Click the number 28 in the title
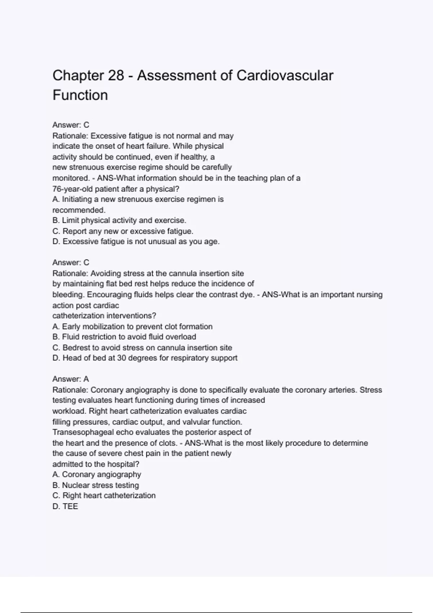click(x=116, y=76)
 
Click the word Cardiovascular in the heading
click(x=285, y=76)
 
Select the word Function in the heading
click(x=80, y=95)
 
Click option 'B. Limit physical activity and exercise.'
click(x=119, y=220)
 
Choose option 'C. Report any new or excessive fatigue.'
click(x=123, y=231)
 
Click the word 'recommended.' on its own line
click(x=79, y=210)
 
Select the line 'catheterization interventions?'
click(x=104, y=316)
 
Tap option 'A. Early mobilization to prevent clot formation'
click(x=132, y=326)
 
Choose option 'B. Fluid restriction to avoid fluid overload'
click(x=124, y=337)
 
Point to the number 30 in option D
click(x=121, y=358)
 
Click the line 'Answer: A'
click(x=71, y=379)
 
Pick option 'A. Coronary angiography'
click(x=97, y=475)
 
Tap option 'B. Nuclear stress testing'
click(x=96, y=485)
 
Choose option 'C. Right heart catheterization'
click(x=104, y=495)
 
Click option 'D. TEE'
click(x=65, y=506)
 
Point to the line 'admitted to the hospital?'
click(x=96, y=464)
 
